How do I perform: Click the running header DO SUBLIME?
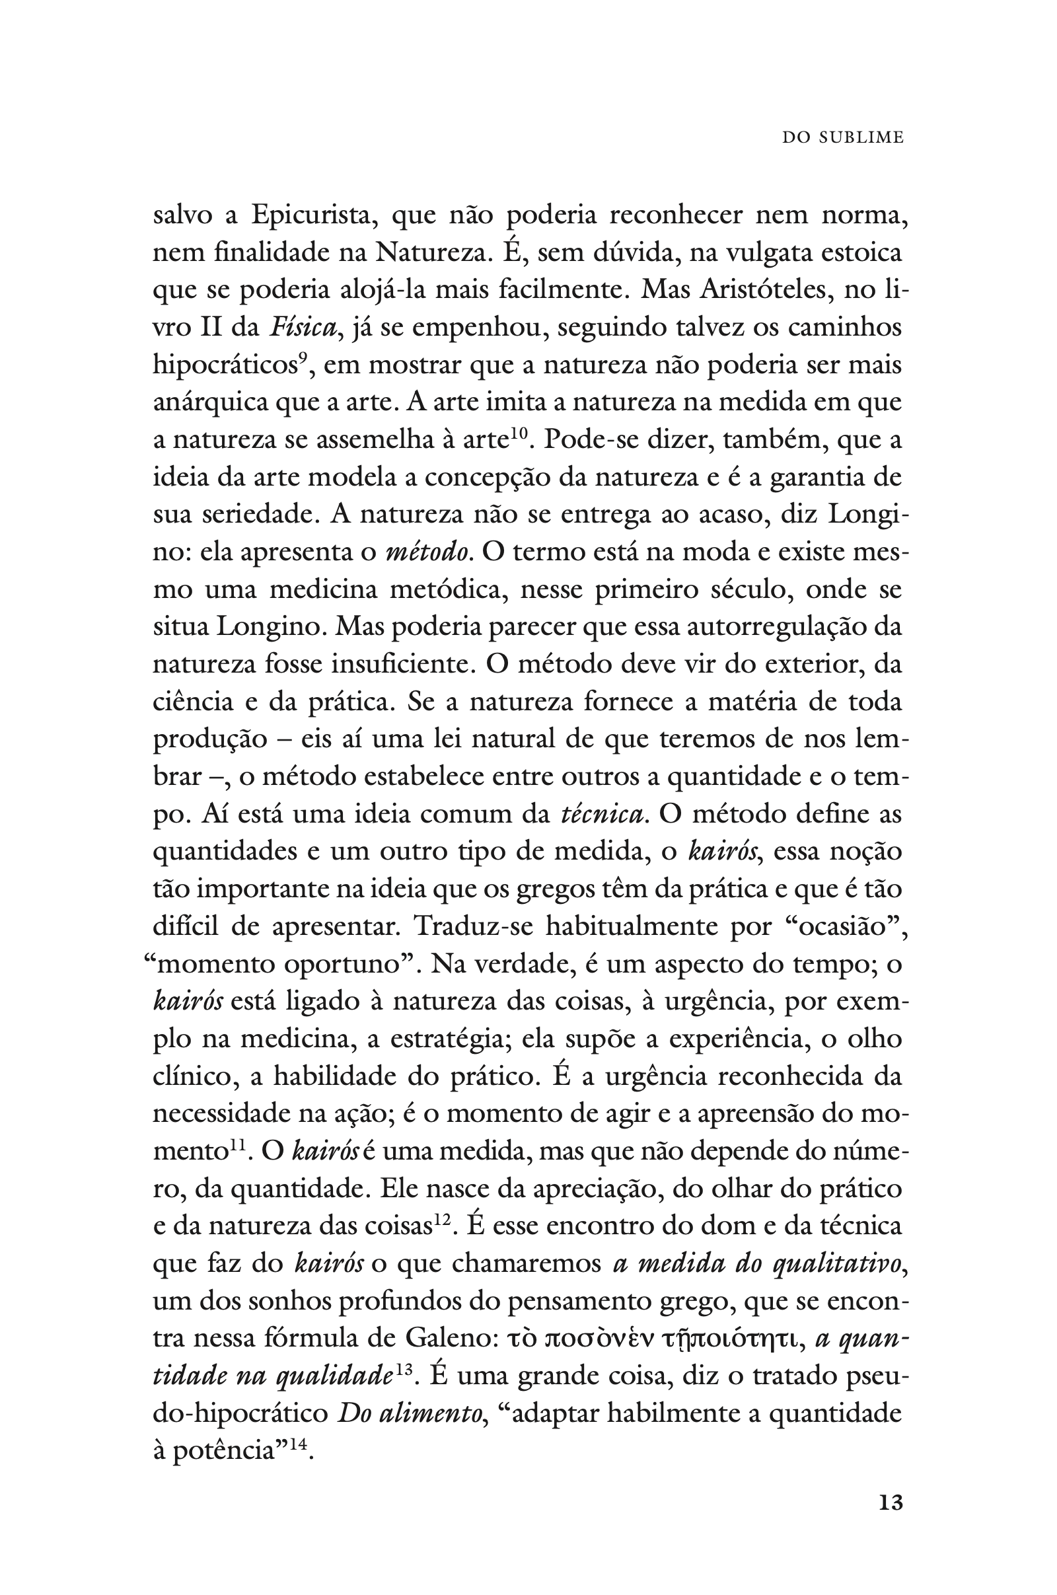843,137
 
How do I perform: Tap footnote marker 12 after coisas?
441,1218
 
